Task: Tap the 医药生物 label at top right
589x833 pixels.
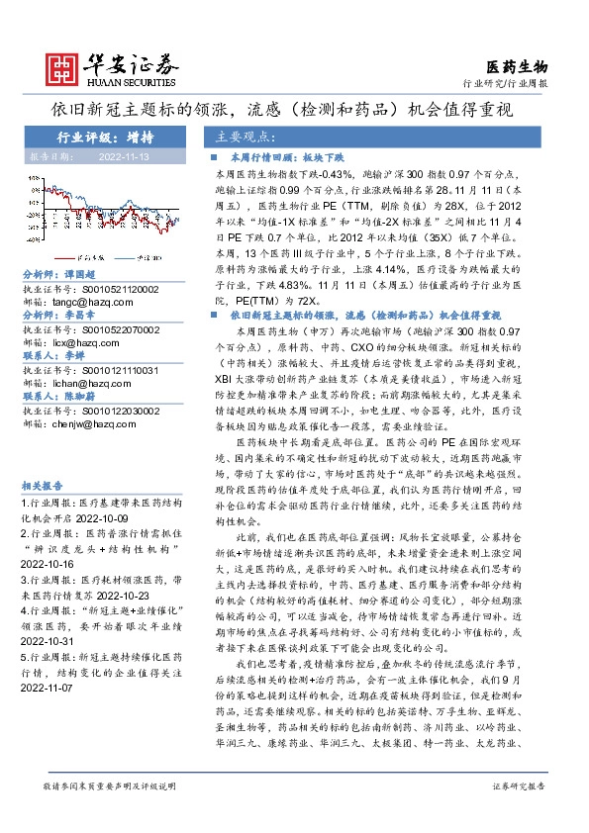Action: click(x=516, y=66)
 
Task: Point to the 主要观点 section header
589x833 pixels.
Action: click(x=243, y=138)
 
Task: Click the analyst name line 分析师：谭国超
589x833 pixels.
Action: click(x=59, y=274)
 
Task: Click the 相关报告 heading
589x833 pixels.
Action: click(x=43, y=486)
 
